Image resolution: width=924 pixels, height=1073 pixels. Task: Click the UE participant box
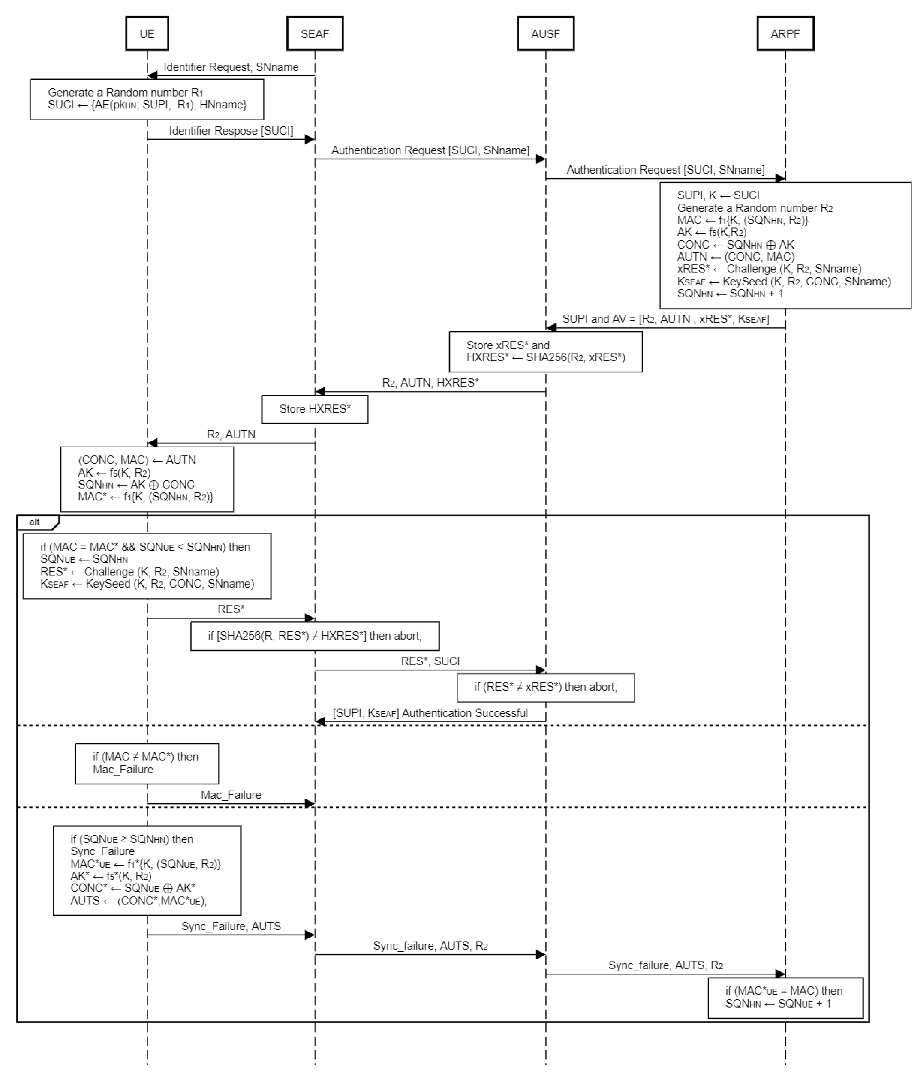[x=147, y=34]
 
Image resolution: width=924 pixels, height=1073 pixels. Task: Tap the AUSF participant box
[x=546, y=34]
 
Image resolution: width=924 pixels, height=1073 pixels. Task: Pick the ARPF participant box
[x=785, y=34]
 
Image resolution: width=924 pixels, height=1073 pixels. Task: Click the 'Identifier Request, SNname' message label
[x=231, y=67]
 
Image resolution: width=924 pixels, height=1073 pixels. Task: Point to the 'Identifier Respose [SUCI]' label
[x=231, y=131]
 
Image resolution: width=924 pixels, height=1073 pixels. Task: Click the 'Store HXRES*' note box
[x=315, y=409]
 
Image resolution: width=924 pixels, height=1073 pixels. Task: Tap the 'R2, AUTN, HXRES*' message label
[x=430, y=383]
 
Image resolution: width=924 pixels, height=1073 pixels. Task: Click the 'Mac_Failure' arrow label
[x=231, y=795]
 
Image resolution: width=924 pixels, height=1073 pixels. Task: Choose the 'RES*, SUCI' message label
[x=430, y=661]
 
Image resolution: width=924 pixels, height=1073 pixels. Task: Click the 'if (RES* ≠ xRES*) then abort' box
[x=546, y=687]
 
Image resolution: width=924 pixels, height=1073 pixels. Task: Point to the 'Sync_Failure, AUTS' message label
[x=231, y=927]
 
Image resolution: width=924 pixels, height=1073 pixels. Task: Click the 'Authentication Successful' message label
[x=430, y=713]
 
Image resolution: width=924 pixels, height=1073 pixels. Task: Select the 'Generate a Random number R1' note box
[x=147, y=99]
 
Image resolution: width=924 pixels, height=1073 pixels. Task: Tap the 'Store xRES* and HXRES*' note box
[x=546, y=352]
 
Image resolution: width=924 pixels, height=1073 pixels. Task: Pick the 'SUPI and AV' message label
[x=665, y=319]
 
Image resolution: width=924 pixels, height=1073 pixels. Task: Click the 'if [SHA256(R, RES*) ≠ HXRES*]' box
[x=315, y=636]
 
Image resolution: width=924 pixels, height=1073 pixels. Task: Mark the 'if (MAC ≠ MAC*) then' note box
[x=147, y=763]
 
